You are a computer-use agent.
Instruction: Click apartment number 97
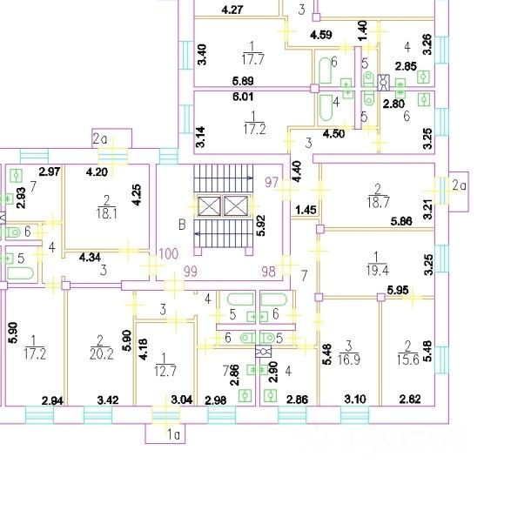[272, 181]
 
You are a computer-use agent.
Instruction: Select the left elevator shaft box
[211, 206]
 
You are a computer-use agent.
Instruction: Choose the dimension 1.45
[305, 211]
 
